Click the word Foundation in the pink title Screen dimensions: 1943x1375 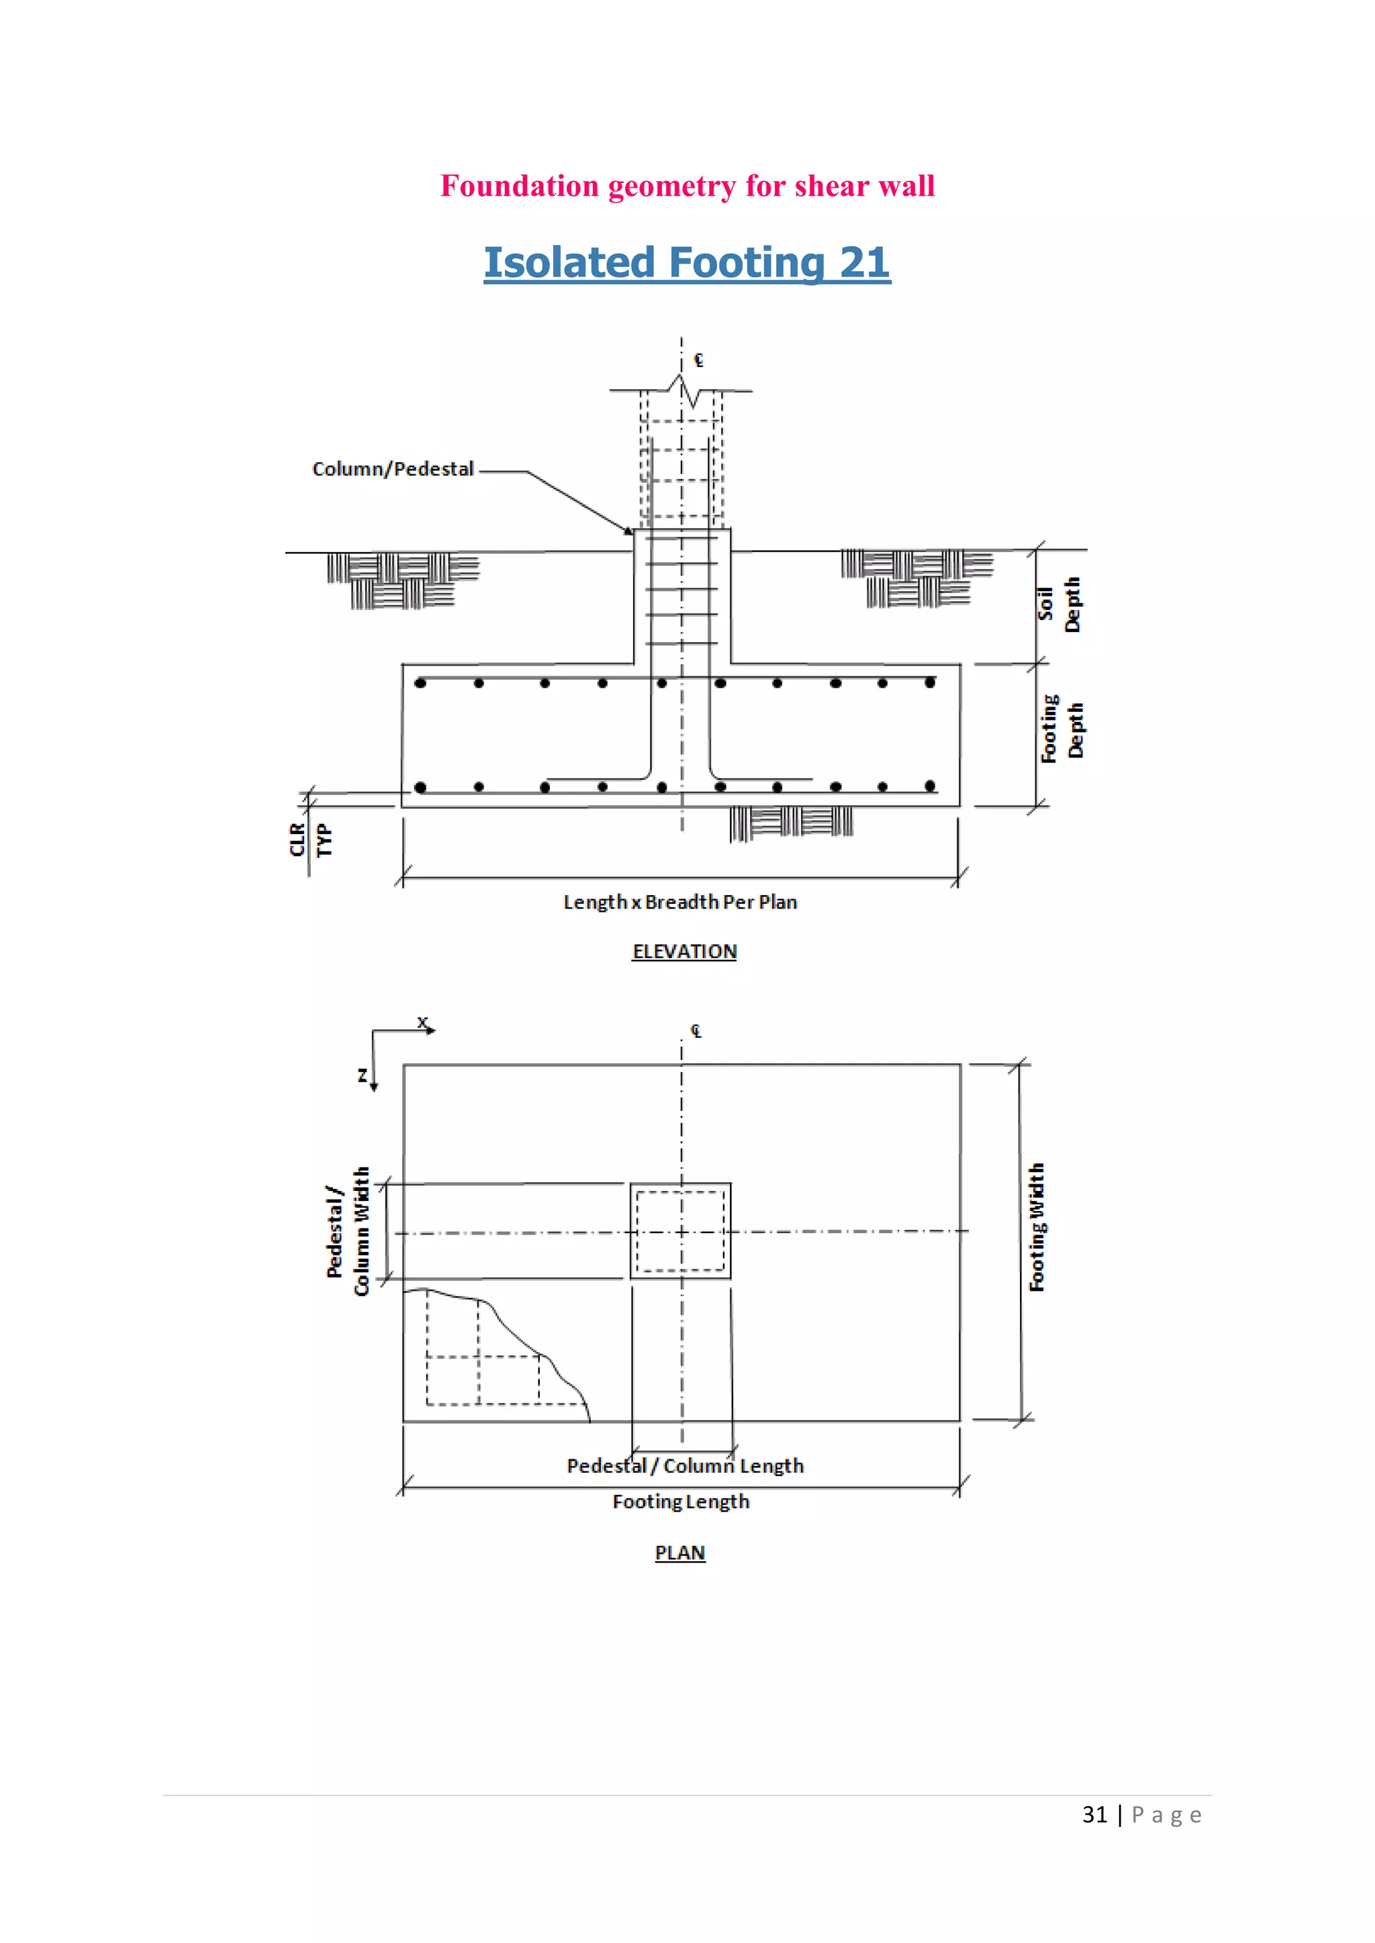(519, 186)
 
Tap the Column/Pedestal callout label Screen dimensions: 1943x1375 (393, 469)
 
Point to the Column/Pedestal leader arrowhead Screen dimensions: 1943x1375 (629, 531)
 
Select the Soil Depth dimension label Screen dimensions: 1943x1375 (1059, 605)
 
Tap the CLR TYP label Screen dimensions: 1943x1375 (310, 839)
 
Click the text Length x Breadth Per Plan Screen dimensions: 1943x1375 (680, 902)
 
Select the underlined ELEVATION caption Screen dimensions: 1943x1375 (684, 951)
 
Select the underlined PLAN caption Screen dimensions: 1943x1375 (680, 1553)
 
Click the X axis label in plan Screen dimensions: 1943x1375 (422, 1022)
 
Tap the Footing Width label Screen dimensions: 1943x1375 (1037, 1227)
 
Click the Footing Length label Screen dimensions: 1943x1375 (681, 1502)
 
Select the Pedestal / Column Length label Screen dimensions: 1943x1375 (685, 1466)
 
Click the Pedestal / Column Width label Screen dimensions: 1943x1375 (348, 1230)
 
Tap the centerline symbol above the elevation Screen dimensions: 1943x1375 (698, 360)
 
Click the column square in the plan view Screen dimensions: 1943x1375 (681, 1230)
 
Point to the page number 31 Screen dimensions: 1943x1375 (1095, 1814)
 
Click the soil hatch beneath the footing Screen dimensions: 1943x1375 (791, 822)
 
